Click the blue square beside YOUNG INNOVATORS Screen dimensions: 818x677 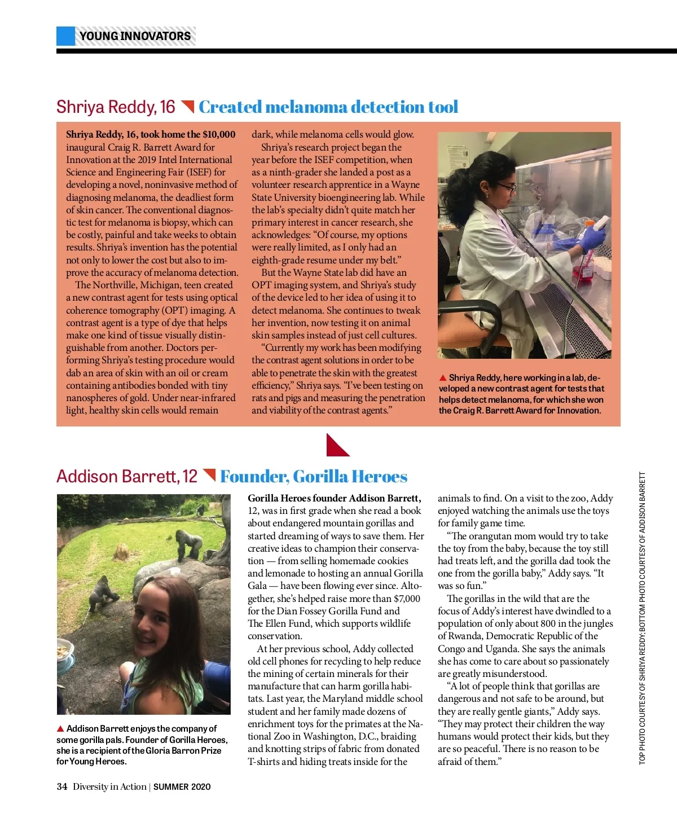pos(65,36)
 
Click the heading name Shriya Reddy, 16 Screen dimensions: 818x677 pos(116,107)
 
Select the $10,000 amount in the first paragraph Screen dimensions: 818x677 pos(219,134)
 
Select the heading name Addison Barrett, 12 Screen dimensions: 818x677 pos(127,477)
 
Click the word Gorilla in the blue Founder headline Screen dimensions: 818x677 pos(320,477)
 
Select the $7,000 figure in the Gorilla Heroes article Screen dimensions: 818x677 pos(407,599)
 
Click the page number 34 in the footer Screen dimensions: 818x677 pos(62,787)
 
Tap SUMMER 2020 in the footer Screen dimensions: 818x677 pos(182,787)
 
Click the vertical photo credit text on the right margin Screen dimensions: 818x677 pos(642,618)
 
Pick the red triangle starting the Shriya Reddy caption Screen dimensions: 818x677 pos(443,378)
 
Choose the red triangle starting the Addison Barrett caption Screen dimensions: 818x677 pos(60,729)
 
